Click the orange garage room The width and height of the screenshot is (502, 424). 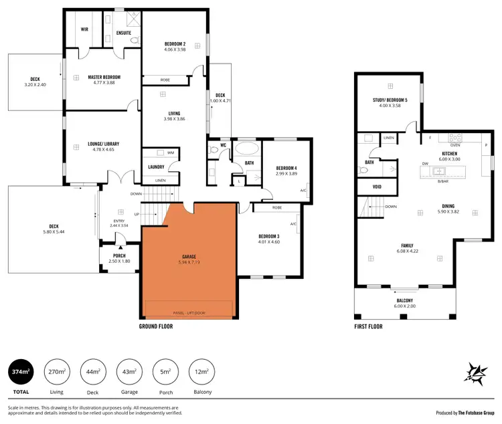pos(189,261)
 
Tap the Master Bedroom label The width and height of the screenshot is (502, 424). pos(104,77)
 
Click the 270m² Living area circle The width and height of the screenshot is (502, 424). pos(57,371)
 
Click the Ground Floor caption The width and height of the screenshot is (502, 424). pos(156,326)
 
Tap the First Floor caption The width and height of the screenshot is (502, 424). pos(368,326)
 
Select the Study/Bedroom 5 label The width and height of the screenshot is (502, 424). pos(390,100)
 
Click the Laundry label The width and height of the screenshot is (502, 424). pos(156,167)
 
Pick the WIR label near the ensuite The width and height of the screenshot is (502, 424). pos(85,29)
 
